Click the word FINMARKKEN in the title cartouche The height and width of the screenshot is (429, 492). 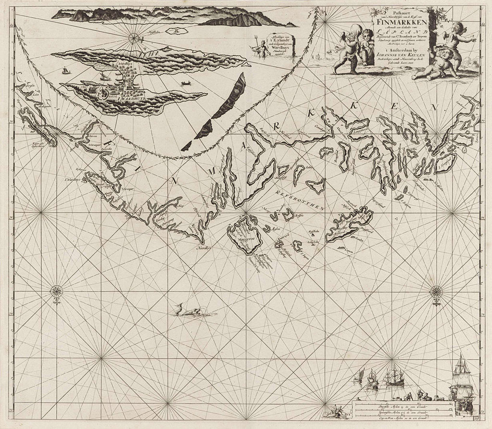tap(399, 21)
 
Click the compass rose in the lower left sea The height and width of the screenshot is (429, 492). tap(57, 291)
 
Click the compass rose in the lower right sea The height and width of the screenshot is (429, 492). tap(437, 291)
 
